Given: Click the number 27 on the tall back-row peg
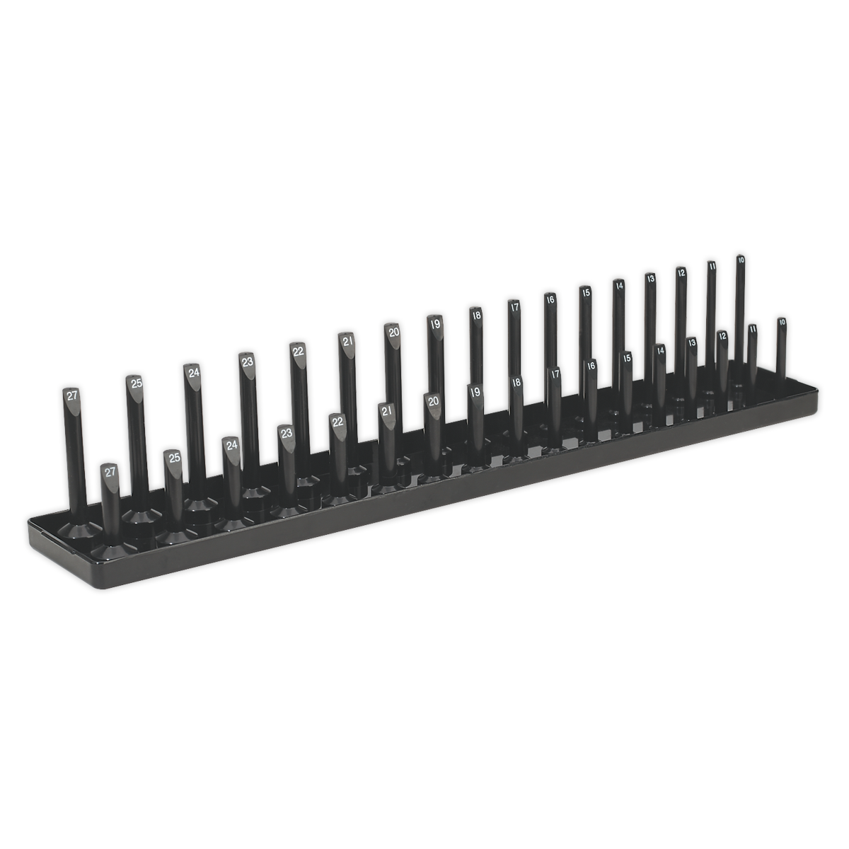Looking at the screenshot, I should click(71, 396).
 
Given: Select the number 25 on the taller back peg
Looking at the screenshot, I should click(135, 383).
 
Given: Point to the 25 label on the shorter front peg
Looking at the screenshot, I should click(173, 458).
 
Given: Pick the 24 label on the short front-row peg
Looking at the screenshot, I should click(231, 446).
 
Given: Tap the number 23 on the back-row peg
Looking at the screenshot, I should click(247, 362).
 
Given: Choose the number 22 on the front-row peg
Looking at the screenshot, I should click(337, 422).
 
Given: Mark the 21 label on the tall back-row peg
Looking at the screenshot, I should click(347, 341).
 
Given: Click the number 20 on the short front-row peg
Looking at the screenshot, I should click(433, 400).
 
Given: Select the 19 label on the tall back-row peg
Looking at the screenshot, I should click(434, 323).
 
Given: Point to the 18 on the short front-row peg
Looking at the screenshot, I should click(516, 382).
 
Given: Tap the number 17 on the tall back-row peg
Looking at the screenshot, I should click(514, 307).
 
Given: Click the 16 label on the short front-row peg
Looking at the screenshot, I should click(591, 366).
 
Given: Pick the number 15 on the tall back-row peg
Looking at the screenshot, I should click(585, 291).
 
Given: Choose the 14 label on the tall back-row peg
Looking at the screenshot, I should click(618, 286).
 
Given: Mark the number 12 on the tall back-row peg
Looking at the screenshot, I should click(681, 272).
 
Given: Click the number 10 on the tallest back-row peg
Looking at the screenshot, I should click(740, 260).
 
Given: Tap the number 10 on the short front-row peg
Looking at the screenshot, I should click(781, 322).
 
